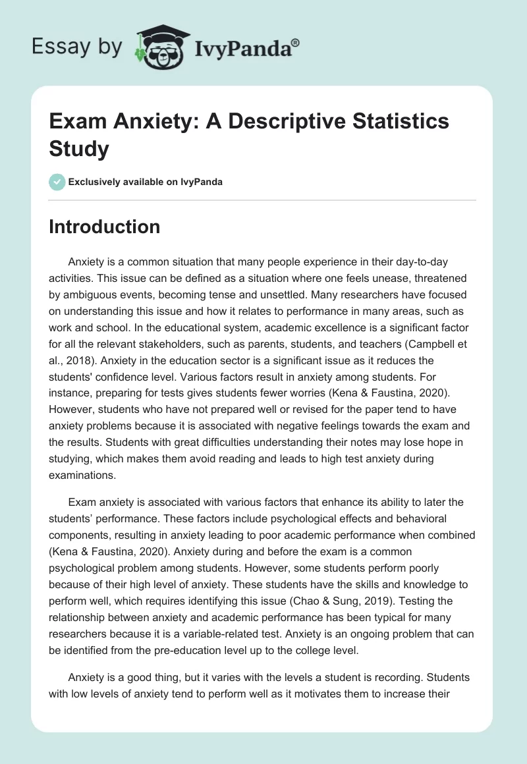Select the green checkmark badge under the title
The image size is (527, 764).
(x=57, y=182)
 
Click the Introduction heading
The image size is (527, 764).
(x=105, y=227)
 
